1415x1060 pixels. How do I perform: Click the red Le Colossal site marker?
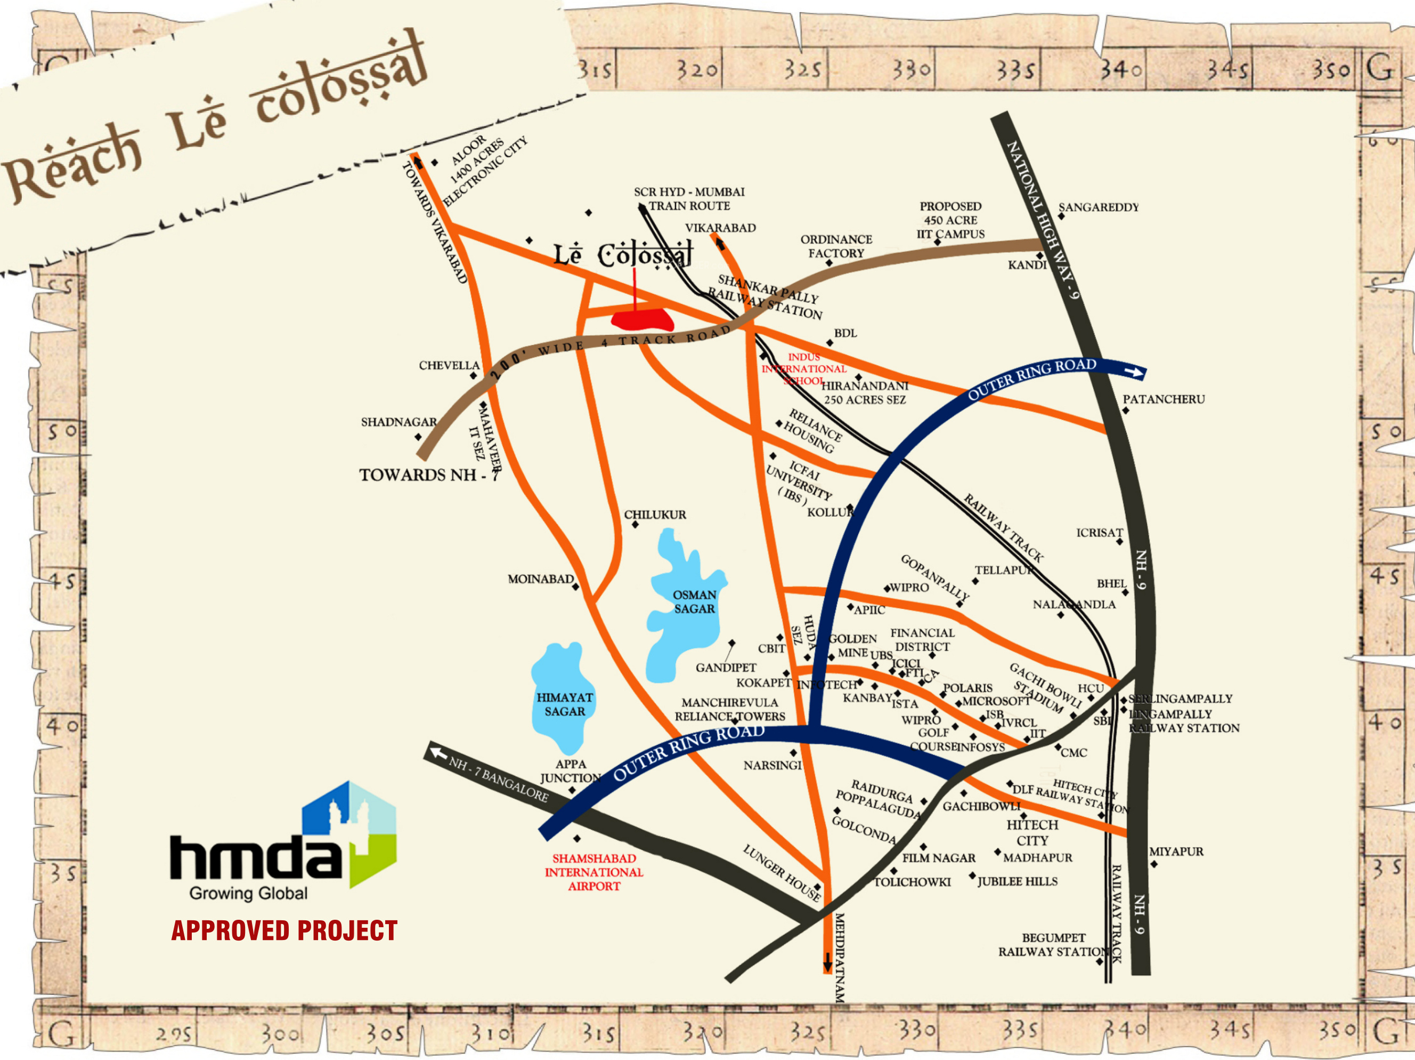point(641,319)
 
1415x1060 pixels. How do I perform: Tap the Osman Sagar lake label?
point(694,601)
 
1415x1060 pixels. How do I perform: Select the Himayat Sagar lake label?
point(564,704)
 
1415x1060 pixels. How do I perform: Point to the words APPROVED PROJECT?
point(284,930)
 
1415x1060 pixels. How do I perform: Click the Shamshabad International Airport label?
point(593,872)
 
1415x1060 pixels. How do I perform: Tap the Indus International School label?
point(803,368)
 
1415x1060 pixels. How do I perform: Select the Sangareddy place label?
point(1099,207)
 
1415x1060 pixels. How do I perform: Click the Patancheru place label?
point(1164,399)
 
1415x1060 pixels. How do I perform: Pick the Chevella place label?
point(449,365)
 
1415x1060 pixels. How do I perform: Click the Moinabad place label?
point(541,579)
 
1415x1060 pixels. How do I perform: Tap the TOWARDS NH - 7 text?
point(428,475)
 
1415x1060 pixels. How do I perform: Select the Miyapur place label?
point(1176,852)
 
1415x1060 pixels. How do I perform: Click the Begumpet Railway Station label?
point(1054,945)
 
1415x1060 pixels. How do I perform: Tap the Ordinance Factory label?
point(836,246)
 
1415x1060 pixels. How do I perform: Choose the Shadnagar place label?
point(399,422)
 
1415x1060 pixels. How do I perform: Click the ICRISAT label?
point(1099,533)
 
